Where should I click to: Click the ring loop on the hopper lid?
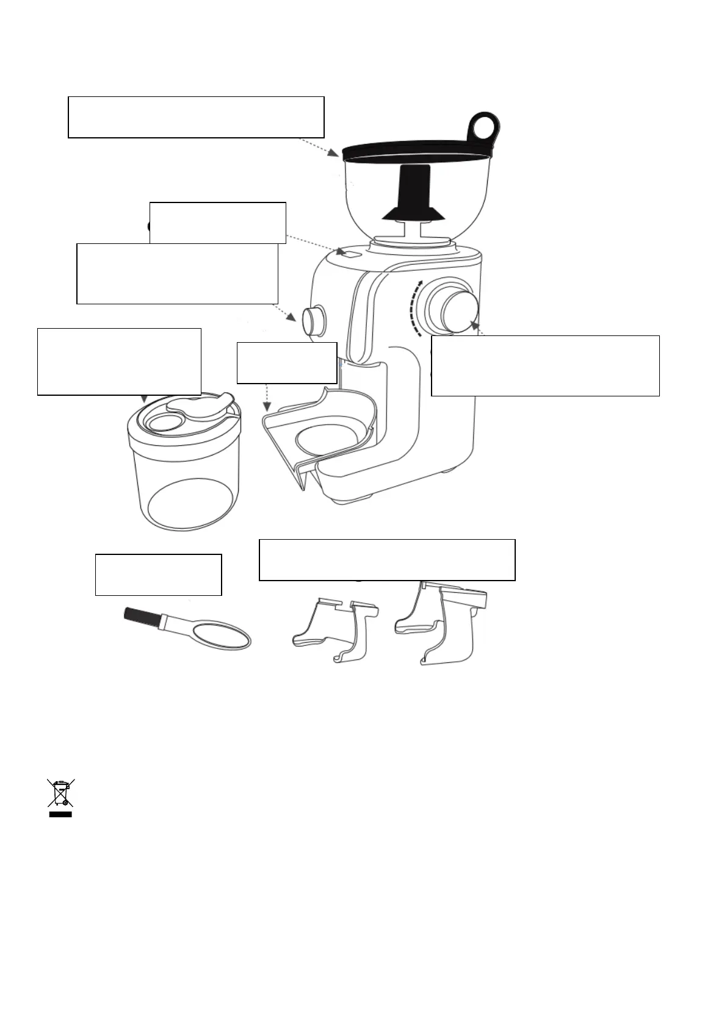486,126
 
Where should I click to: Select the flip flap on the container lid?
201,406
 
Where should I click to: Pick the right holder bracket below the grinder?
443,622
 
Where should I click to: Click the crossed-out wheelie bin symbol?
60,792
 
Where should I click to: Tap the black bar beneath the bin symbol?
60,814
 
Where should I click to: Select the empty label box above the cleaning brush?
158,574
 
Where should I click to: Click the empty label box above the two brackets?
387,559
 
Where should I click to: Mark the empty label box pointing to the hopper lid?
195,116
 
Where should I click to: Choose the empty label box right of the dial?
545,365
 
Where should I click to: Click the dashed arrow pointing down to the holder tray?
266,398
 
